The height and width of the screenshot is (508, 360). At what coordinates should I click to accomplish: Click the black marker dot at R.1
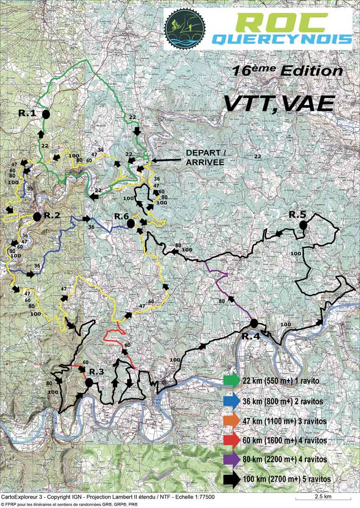(46, 114)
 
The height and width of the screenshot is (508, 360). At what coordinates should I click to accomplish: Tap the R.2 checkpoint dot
(37, 216)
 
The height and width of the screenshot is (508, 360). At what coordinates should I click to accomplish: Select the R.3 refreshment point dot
(88, 382)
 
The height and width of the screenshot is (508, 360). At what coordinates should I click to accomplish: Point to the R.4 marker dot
(254, 323)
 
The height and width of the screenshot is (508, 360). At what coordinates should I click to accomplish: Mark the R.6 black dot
(131, 223)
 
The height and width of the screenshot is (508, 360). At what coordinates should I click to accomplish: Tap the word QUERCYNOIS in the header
(281, 39)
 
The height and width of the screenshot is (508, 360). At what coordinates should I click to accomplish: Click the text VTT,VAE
(279, 103)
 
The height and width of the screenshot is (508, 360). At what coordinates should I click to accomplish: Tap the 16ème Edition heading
(287, 71)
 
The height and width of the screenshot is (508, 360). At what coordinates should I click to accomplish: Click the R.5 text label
(297, 214)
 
